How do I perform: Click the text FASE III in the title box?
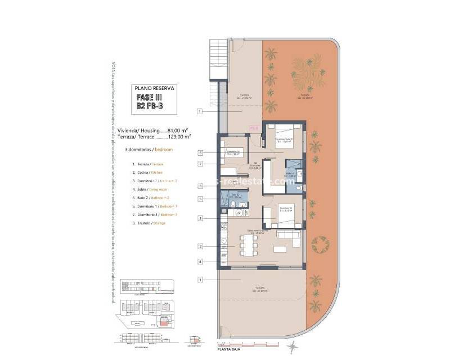pyautogui.click(x=154, y=97)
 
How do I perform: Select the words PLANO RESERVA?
pyautogui.click(x=155, y=88)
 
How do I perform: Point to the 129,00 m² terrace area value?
pyautogui.click(x=179, y=136)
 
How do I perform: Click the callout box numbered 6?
pyautogui.click(x=201, y=152)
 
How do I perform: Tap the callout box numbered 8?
pyautogui.click(x=201, y=186)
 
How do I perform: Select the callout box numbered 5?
pyautogui.click(x=201, y=199)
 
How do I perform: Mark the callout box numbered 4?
pyautogui.click(x=201, y=261)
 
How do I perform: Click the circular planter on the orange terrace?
pyautogui.click(x=322, y=245)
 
